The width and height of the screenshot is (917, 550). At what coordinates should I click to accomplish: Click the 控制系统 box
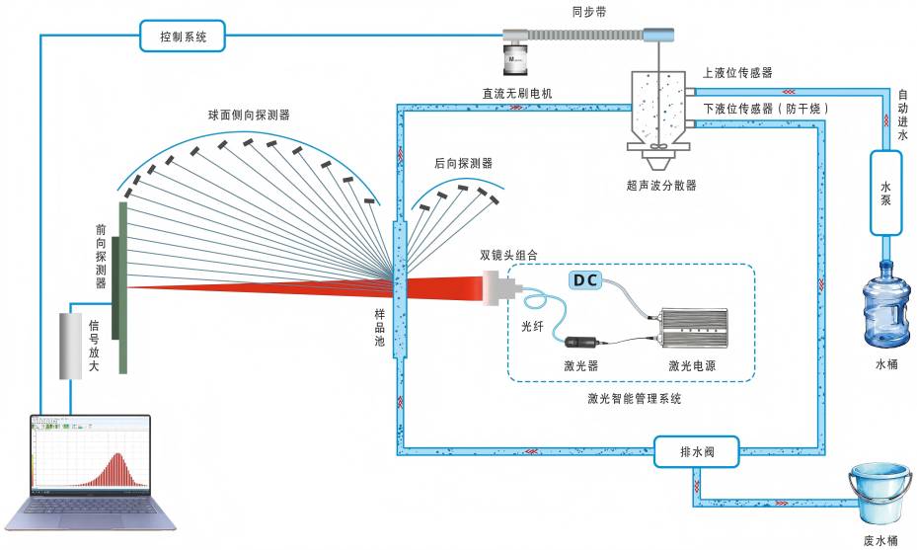click(x=184, y=38)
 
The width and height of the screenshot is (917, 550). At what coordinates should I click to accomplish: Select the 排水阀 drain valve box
click(x=696, y=453)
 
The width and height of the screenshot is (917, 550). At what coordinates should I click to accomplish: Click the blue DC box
click(x=584, y=280)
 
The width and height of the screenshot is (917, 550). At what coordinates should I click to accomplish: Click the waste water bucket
click(x=879, y=497)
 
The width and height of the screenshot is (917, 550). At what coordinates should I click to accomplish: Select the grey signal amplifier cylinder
click(x=71, y=346)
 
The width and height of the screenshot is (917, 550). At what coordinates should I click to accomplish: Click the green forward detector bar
click(x=123, y=287)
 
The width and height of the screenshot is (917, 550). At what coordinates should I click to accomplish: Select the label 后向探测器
click(x=463, y=163)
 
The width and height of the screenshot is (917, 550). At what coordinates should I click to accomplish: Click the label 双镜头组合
click(x=509, y=255)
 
